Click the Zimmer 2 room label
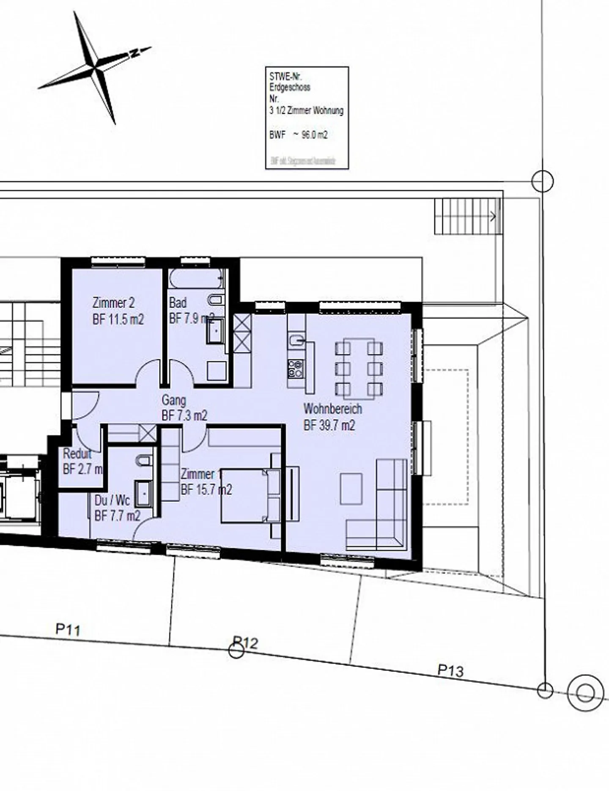pyautogui.click(x=113, y=303)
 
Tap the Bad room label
pyautogui.click(x=178, y=303)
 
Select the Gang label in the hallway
pyautogui.click(x=174, y=400)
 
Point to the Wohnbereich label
pyautogui.click(x=332, y=409)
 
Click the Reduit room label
pyautogui.click(x=77, y=454)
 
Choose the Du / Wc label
pyautogui.click(x=112, y=500)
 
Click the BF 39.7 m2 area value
pyautogui.click(x=329, y=425)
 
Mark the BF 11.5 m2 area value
pyautogui.click(x=118, y=319)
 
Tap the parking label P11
pyautogui.click(x=68, y=629)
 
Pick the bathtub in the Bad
pyautogui.click(x=196, y=279)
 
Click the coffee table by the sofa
pyautogui.click(x=351, y=489)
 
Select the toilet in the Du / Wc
pyautogui.click(x=144, y=461)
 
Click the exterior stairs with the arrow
pyautogui.click(x=467, y=217)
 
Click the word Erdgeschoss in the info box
pyautogui.click(x=290, y=88)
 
